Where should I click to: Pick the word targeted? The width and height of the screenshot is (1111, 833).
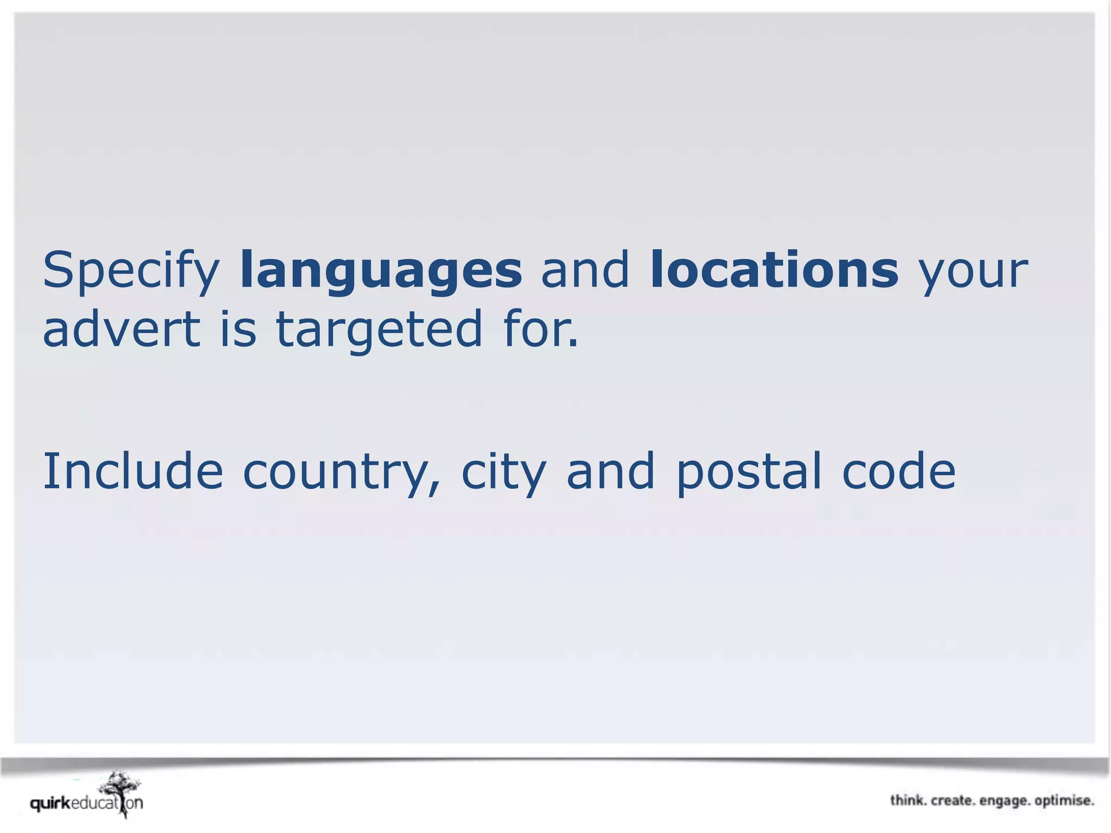pyautogui.click(x=379, y=329)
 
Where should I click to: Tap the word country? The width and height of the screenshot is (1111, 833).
pyautogui.click(x=341, y=472)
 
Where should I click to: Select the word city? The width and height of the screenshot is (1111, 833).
pyautogui.click(x=503, y=472)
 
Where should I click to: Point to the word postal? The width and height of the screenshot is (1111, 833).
pyautogui.click(x=749, y=472)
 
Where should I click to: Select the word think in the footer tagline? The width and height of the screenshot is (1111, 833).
pyautogui.click(x=908, y=800)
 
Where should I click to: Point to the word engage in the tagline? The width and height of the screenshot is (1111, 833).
pyautogui.click(x=1004, y=801)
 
